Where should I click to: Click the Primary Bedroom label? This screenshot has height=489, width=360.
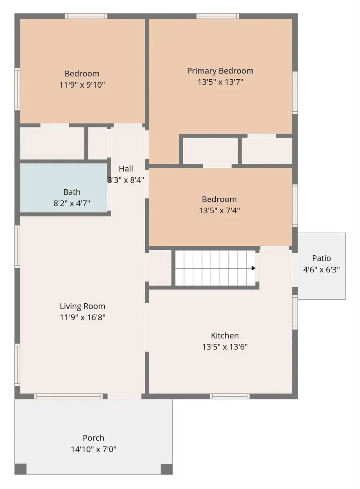(x=220, y=71)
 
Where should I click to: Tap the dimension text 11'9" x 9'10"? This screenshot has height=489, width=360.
(x=82, y=85)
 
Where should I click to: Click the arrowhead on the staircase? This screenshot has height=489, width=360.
(x=253, y=268)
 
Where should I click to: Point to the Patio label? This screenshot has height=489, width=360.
(x=322, y=258)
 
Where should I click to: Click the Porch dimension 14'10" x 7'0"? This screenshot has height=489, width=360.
(x=94, y=449)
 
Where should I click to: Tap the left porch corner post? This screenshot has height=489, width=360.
(x=21, y=469)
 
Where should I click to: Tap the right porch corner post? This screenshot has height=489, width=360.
(x=166, y=469)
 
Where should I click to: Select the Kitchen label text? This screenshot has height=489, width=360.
(x=225, y=336)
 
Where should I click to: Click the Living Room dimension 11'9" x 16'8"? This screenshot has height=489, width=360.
(x=82, y=318)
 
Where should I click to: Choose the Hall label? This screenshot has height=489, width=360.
(x=126, y=169)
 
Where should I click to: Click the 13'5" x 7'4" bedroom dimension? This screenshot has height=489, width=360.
(x=219, y=210)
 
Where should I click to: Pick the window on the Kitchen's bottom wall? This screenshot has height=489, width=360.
(x=230, y=397)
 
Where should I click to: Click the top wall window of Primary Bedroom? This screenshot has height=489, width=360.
(x=218, y=16)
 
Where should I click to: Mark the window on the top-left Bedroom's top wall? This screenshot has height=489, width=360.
(x=86, y=16)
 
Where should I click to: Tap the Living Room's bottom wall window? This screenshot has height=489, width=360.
(x=68, y=397)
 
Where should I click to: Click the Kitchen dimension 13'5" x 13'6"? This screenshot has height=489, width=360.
(x=225, y=347)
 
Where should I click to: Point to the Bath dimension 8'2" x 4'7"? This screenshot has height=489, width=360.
(x=72, y=203)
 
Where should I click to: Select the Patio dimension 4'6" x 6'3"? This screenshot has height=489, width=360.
(x=322, y=269)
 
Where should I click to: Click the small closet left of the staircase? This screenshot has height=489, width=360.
(x=160, y=268)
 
